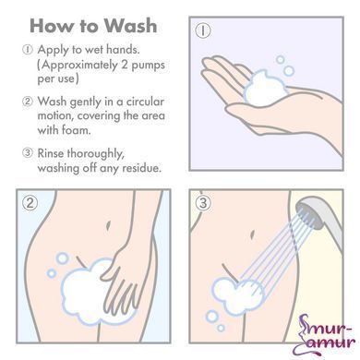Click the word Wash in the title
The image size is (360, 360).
130,25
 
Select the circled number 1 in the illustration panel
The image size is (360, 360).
203,30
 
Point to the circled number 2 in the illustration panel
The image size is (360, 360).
30,203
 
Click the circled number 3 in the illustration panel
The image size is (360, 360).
203,203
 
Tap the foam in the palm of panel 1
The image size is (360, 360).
265,89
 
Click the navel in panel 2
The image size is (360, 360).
108,225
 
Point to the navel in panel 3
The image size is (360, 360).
252,234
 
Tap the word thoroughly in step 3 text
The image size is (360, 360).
96,154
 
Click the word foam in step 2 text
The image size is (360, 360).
76,130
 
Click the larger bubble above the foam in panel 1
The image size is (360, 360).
289,71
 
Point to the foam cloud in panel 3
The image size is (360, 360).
238,295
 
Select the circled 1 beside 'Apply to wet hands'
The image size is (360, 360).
27,50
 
